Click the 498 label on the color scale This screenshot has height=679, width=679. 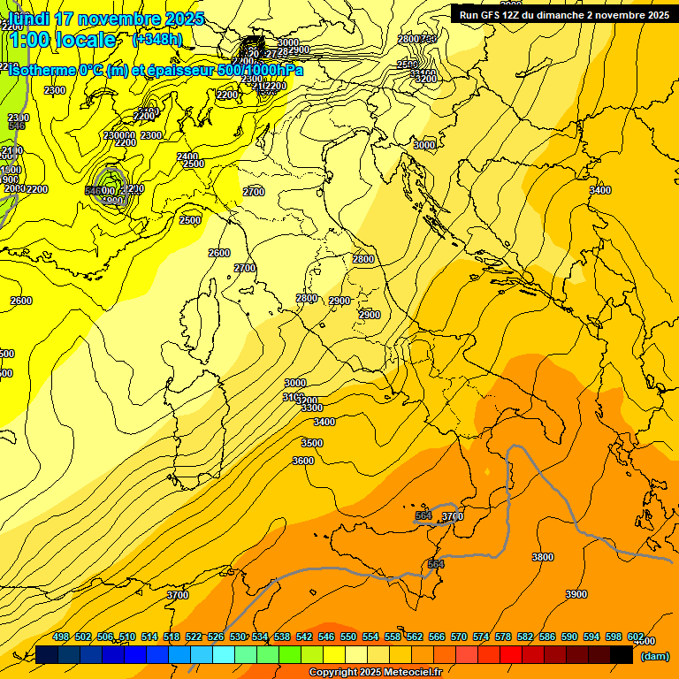coord(61,637)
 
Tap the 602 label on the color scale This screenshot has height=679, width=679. coord(635,637)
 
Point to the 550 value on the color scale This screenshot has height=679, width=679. coord(348,637)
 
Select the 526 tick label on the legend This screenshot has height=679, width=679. coord(216,637)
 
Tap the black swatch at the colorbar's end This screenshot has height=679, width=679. coord(622,654)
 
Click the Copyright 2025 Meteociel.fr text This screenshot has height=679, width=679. coord(375,673)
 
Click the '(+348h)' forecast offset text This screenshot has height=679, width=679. coord(157,40)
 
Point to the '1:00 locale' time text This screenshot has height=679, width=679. coord(61,40)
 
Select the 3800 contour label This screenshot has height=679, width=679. coord(543,557)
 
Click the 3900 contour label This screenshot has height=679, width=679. coord(576,594)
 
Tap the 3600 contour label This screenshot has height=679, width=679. coord(303,461)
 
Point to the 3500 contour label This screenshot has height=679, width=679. coord(312,443)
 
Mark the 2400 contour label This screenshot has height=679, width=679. coord(187,156)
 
